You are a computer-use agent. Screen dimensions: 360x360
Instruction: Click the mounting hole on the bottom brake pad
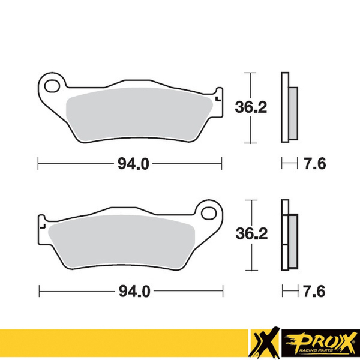(209, 213)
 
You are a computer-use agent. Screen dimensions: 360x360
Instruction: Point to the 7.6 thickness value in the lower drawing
(314, 291)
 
